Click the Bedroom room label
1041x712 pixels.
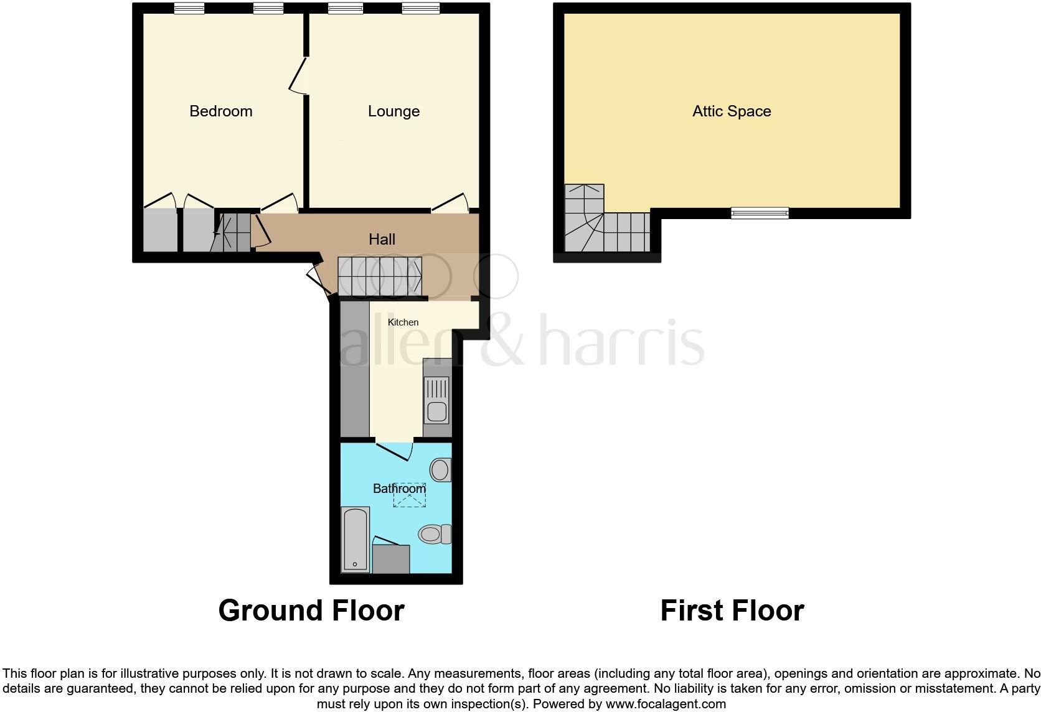pos(220,111)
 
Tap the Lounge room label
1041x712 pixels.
pos(393,111)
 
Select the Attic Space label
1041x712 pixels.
pos(732,111)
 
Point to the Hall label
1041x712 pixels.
pos(382,239)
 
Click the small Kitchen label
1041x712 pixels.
pos(403,322)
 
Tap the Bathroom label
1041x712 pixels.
pos(399,489)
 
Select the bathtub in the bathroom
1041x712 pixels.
pos(356,540)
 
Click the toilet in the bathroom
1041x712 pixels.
pos(435,533)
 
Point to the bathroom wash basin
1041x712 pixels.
pos(441,469)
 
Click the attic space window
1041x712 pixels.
pos(760,213)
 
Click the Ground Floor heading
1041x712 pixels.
pos(311,611)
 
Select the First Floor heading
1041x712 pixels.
pos(732,611)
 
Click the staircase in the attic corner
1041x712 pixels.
pos(598,224)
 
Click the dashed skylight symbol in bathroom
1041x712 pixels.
pos(409,495)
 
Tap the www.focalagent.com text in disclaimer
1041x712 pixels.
pos(665,704)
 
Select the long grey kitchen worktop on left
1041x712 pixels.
pos(355,368)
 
